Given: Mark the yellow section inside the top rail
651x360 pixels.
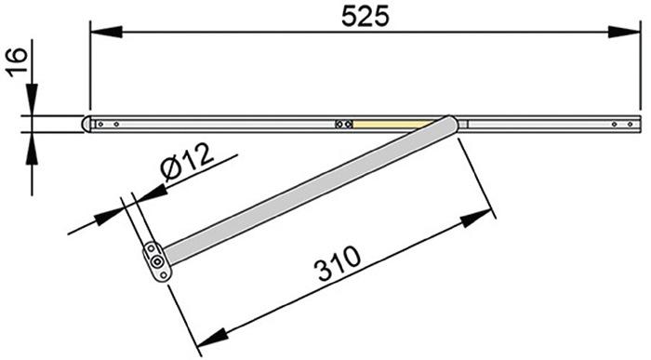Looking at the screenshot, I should [x=391, y=123].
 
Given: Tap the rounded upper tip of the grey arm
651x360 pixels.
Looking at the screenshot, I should [x=451, y=123].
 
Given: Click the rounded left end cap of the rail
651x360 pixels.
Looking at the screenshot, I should [x=86, y=123].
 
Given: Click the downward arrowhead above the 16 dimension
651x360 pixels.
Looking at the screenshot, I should [x=31, y=103].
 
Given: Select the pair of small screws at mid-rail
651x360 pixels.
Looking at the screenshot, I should [x=343, y=123].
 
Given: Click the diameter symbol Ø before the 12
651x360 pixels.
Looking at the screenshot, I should [x=172, y=171].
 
